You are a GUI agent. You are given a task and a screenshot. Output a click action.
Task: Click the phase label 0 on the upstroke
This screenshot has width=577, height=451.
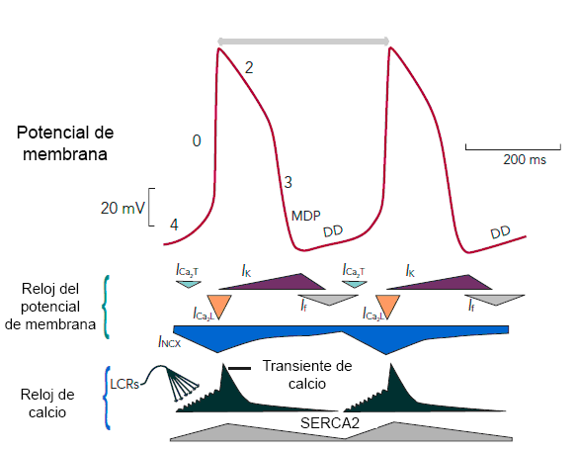[x=197, y=140]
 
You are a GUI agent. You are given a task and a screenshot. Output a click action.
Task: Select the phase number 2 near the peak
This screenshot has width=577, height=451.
[x=249, y=68]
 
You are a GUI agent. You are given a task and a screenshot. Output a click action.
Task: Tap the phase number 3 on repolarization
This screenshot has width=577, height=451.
[x=288, y=182]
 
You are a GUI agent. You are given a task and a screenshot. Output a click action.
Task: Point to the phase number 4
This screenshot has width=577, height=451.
[x=174, y=225]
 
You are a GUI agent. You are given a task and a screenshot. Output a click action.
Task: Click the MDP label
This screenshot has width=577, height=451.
[x=306, y=216]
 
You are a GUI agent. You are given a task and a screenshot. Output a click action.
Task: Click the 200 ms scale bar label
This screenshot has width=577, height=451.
[x=525, y=160]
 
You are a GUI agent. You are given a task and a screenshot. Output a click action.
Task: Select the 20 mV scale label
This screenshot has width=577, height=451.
[x=123, y=208]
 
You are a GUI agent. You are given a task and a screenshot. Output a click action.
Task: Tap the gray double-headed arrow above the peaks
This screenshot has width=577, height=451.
[x=303, y=41]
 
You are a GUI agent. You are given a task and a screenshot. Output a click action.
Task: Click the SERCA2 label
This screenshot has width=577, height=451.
[x=330, y=423]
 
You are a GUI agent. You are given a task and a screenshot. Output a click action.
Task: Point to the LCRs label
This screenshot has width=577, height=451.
[x=124, y=385]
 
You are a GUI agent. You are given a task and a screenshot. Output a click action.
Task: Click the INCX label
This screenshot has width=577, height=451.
[x=170, y=342]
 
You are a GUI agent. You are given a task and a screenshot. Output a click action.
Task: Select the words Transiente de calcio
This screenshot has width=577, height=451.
[x=307, y=375]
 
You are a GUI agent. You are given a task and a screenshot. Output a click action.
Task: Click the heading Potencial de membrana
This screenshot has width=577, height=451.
[x=65, y=143]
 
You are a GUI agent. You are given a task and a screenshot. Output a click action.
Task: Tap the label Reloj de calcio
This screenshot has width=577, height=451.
[x=47, y=404]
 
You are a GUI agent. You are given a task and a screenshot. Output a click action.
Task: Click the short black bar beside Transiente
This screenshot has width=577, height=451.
[x=239, y=368]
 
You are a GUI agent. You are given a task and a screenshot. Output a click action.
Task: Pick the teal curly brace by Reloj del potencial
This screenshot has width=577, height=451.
[x=106, y=307]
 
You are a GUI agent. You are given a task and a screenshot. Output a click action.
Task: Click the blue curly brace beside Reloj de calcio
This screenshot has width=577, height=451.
[x=107, y=398]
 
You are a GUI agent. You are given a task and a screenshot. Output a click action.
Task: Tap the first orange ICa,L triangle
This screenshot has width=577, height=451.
[x=219, y=305]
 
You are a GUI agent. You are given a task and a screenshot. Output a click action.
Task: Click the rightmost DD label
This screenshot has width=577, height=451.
[x=500, y=232]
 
